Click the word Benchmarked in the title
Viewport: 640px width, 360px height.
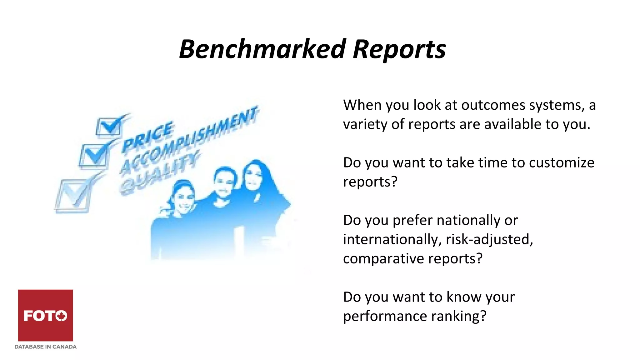coord(262,49)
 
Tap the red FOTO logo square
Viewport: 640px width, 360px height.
coord(45,315)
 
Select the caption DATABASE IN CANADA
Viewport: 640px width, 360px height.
coord(45,347)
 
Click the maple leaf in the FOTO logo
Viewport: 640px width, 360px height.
coord(62,316)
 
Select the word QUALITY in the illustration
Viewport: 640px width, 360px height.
coord(159,173)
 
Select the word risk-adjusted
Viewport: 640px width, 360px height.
coord(489,240)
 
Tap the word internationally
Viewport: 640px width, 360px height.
coord(392,240)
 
